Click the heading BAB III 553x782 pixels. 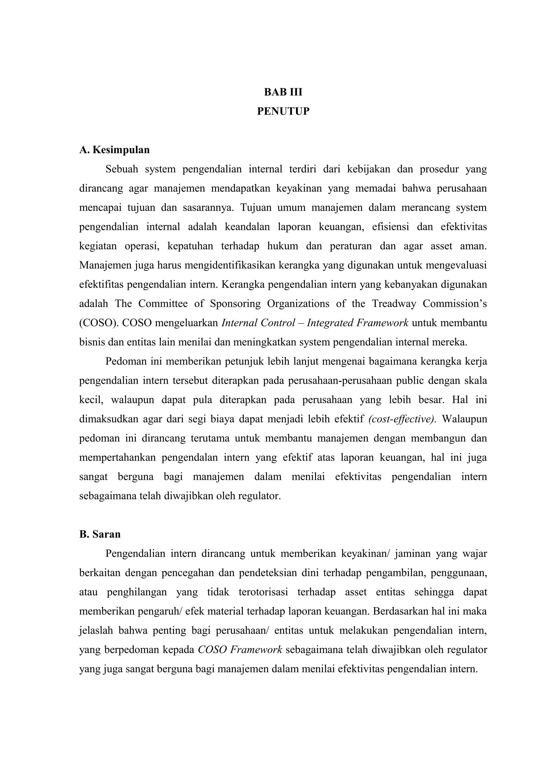pyautogui.click(x=283, y=92)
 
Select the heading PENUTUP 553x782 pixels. pyautogui.click(x=283, y=111)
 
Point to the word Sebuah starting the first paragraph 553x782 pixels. pyautogui.click(x=122, y=169)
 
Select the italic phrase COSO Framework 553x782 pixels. pyautogui.click(x=240, y=650)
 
